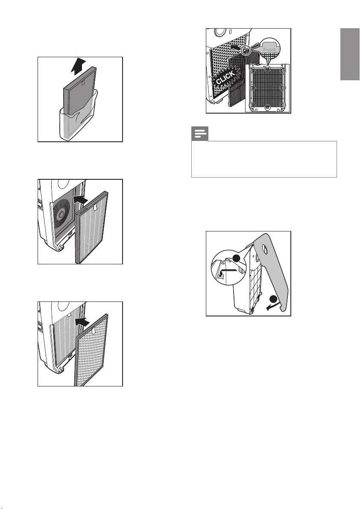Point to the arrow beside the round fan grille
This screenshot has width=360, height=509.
coord(81,199)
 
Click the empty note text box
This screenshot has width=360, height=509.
coord(264,159)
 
